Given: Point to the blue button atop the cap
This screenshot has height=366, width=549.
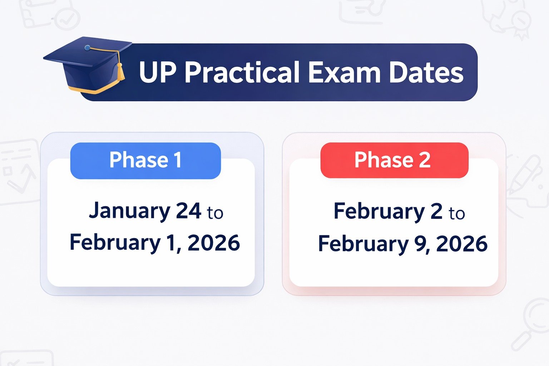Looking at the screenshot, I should [88, 48].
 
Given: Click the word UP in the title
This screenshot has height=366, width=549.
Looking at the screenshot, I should [157, 73].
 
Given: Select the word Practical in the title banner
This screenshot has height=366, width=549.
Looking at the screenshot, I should [242, 73].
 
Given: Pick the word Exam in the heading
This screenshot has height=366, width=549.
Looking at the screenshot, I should [344, 73].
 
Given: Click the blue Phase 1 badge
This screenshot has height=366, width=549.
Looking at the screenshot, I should [145, 160].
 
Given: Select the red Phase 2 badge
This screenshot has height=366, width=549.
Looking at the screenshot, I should [394, 160].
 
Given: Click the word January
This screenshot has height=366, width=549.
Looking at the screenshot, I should [129, 211].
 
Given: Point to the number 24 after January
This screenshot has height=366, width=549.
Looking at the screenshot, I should [189, 211].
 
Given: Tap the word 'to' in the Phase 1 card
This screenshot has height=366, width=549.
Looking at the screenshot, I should [215, 213].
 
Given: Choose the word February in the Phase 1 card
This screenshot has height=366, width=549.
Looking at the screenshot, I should [115, 243].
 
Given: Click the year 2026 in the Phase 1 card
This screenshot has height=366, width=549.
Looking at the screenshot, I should [213, 243].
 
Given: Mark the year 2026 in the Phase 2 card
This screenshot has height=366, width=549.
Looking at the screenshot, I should [461, 244].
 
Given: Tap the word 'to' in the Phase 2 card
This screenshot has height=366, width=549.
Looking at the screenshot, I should [457, 213].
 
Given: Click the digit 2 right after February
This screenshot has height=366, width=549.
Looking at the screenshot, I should [436, 211].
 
